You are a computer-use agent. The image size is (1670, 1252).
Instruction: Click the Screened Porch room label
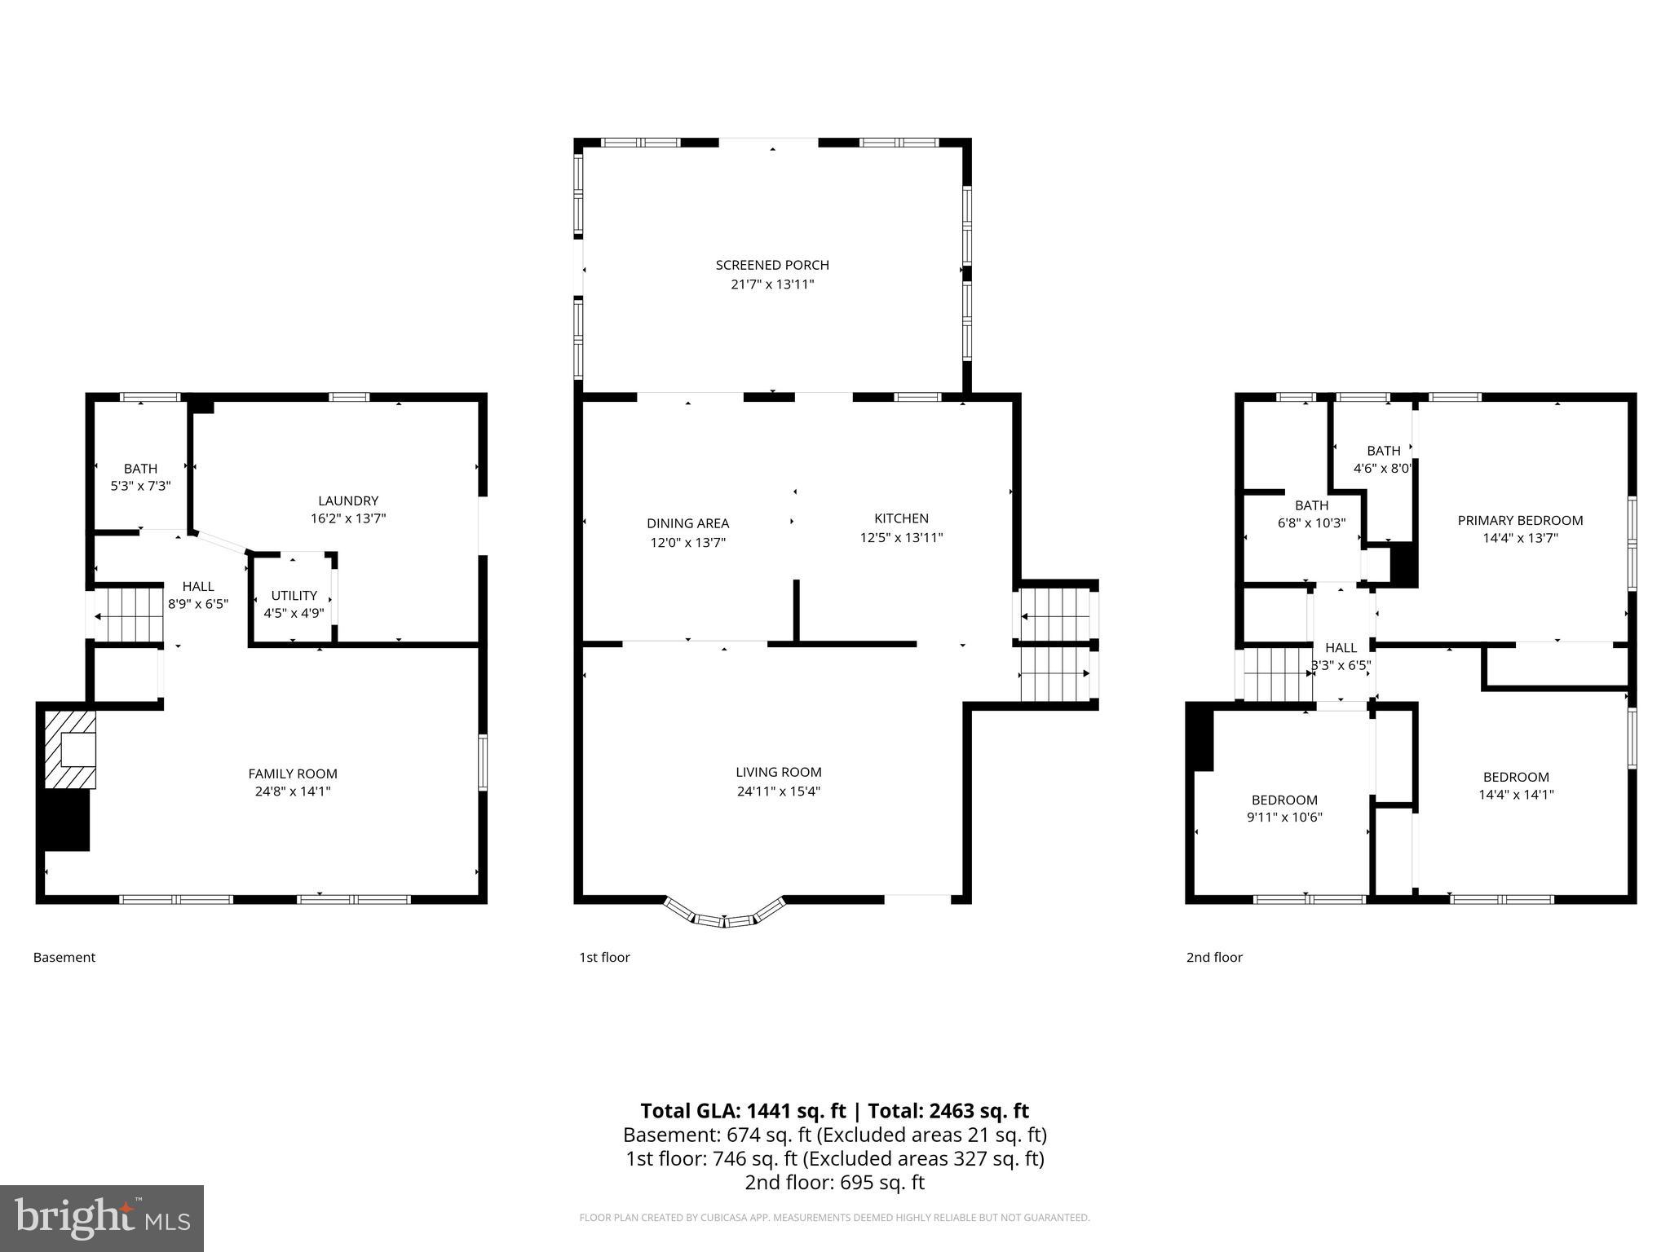(x=771, y=265)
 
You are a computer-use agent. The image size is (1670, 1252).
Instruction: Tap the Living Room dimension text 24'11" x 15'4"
(x=778, y=791)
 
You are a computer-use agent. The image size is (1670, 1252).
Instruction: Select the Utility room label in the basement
(x=294, y=596)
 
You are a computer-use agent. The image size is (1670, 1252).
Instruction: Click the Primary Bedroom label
(x=1520, y=520)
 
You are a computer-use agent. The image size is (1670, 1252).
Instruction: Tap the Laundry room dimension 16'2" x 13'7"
(x=348, y=518)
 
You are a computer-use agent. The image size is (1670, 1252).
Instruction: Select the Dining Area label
(x=687, y=523)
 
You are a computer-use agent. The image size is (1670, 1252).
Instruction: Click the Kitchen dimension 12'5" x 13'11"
(x=901, y=537)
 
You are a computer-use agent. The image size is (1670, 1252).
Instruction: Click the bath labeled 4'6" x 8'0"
(x=1383, y=451)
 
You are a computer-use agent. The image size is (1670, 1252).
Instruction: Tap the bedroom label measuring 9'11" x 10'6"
(x=1284, y=800)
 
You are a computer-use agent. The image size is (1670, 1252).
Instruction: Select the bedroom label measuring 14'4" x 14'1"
(x=1516, y=777)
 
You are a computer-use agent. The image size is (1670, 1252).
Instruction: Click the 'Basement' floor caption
(x=64, y=957)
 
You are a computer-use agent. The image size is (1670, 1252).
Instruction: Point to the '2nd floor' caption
(x=1214, y=957)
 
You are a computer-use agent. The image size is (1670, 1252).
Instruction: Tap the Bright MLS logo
(x=102, y=1218)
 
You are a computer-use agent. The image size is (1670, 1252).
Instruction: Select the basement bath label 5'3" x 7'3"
(x=140, y=469)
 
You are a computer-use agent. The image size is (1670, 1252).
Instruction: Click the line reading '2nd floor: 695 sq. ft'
(x=834, y=1182)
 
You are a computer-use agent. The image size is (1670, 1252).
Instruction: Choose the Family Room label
(x=292, y=774)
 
